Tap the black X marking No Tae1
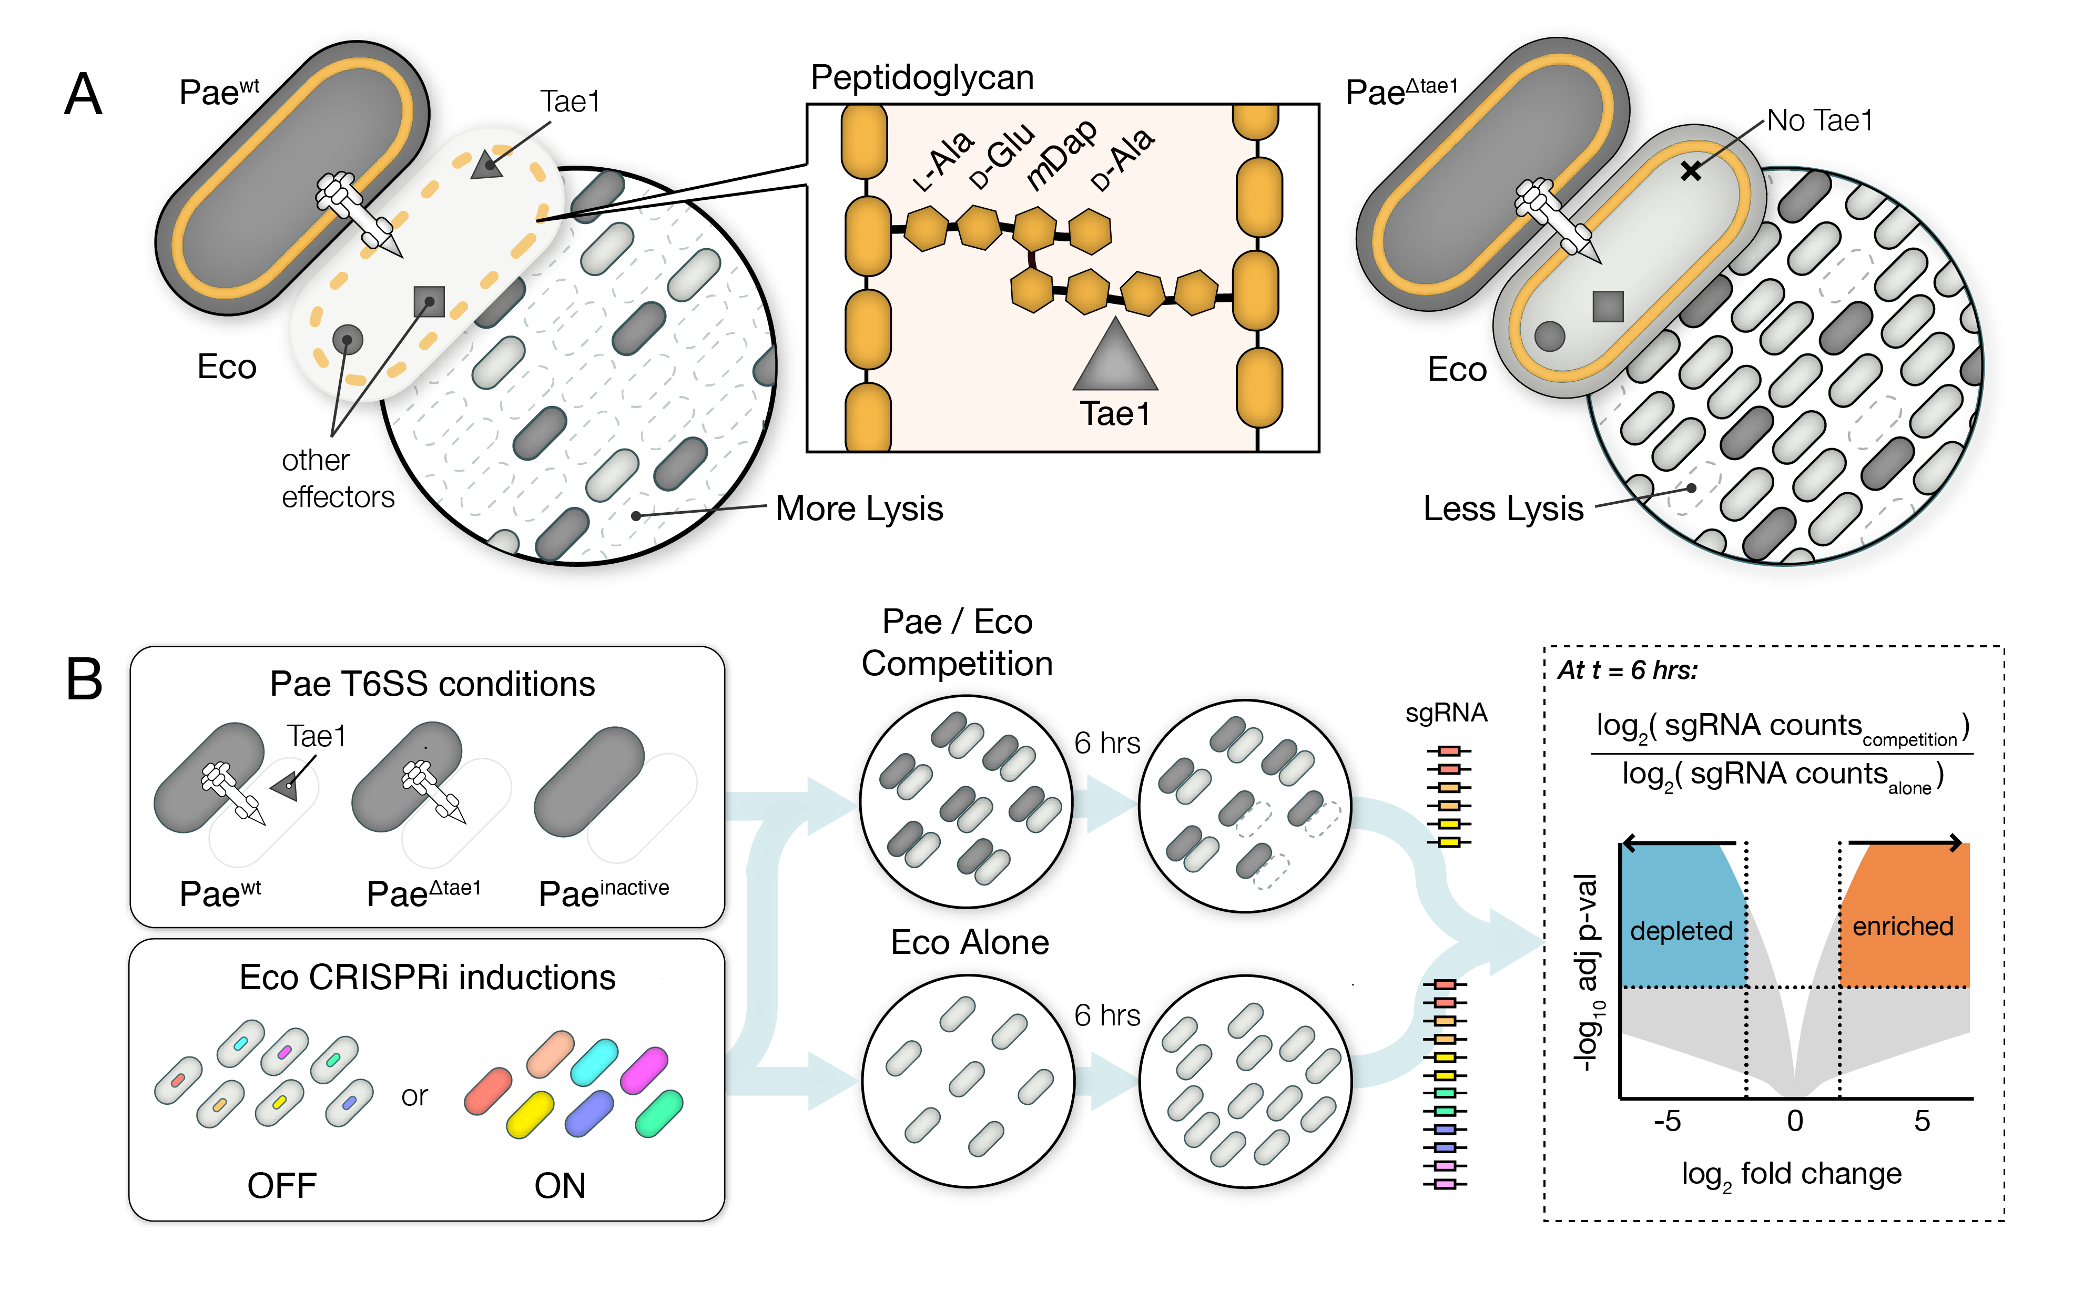coord(1691,171)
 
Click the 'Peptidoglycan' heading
coord(922,77)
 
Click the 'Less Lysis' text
coord(1503,508)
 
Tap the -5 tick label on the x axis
coord(1667,1121)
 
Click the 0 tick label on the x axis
coord(1795,1121)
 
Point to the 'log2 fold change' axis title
coord(1791,1175)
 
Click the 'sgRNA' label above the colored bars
coord(1446,713)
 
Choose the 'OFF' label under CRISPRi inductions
coord(281,1185)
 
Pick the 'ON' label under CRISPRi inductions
coord(560,1185)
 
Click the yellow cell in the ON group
coord(530,1114)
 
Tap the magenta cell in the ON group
coord(644,1070)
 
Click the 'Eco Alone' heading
coord(969,942)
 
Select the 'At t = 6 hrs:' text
coord(1627,670)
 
